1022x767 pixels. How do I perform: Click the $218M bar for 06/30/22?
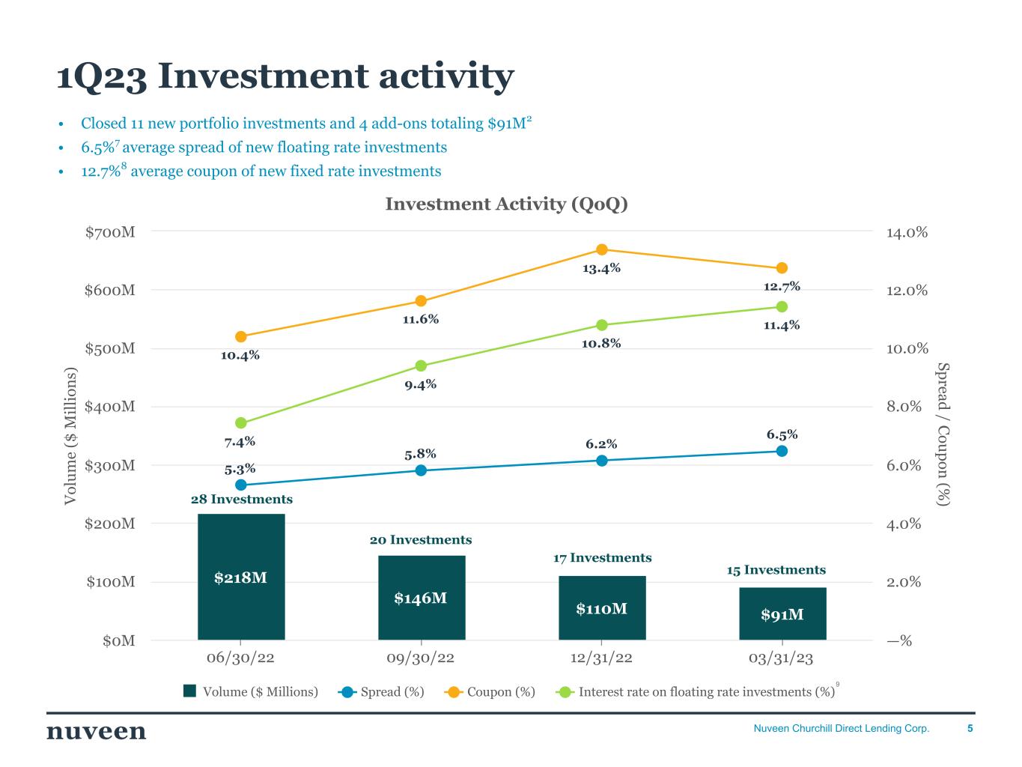point(241,577)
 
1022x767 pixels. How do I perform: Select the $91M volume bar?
point(782,613)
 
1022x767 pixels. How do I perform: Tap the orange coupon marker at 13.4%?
point(601,249)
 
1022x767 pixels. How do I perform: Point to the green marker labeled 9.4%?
point(421,366)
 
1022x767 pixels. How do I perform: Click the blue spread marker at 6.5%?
point(782,451)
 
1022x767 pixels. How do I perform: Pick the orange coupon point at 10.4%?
point(240,337)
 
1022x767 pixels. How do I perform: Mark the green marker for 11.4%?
point(782,306)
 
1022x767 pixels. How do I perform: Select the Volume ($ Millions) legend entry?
point(251,691)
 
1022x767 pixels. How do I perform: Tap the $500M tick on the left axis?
point(110,348)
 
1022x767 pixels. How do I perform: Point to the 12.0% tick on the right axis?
point(907,290)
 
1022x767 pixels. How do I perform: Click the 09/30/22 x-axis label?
point(421,658)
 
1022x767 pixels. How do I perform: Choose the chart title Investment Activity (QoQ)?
point(506,204)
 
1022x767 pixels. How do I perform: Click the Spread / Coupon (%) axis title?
point(943,434)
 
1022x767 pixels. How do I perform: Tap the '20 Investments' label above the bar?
point(421,540)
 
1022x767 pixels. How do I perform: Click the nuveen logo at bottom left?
point(97,731)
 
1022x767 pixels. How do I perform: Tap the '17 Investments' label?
point(602,558)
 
